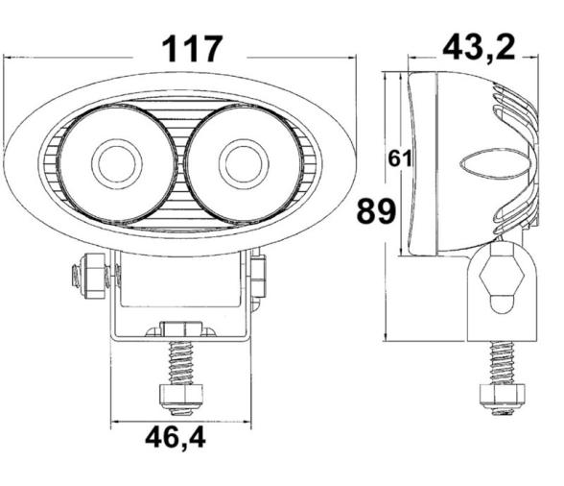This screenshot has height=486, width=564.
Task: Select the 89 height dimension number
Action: point(376,210)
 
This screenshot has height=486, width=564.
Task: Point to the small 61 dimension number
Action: point(401,159)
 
